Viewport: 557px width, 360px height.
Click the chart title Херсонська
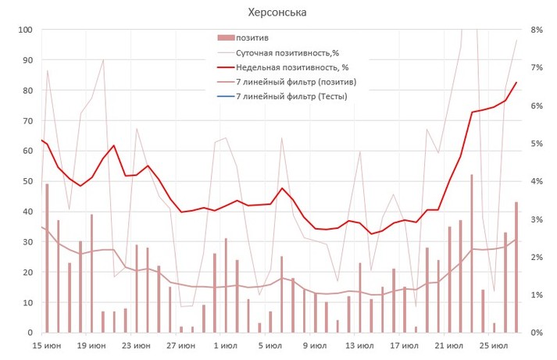[277, 12]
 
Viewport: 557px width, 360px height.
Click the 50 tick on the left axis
[26, 181]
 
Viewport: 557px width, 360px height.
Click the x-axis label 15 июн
[48, 345]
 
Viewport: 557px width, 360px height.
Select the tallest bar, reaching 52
[471, 254]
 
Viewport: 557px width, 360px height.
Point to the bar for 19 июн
[91, 273]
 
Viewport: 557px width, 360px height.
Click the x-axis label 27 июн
[181, 345]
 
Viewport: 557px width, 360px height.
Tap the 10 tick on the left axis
[26, 302]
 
